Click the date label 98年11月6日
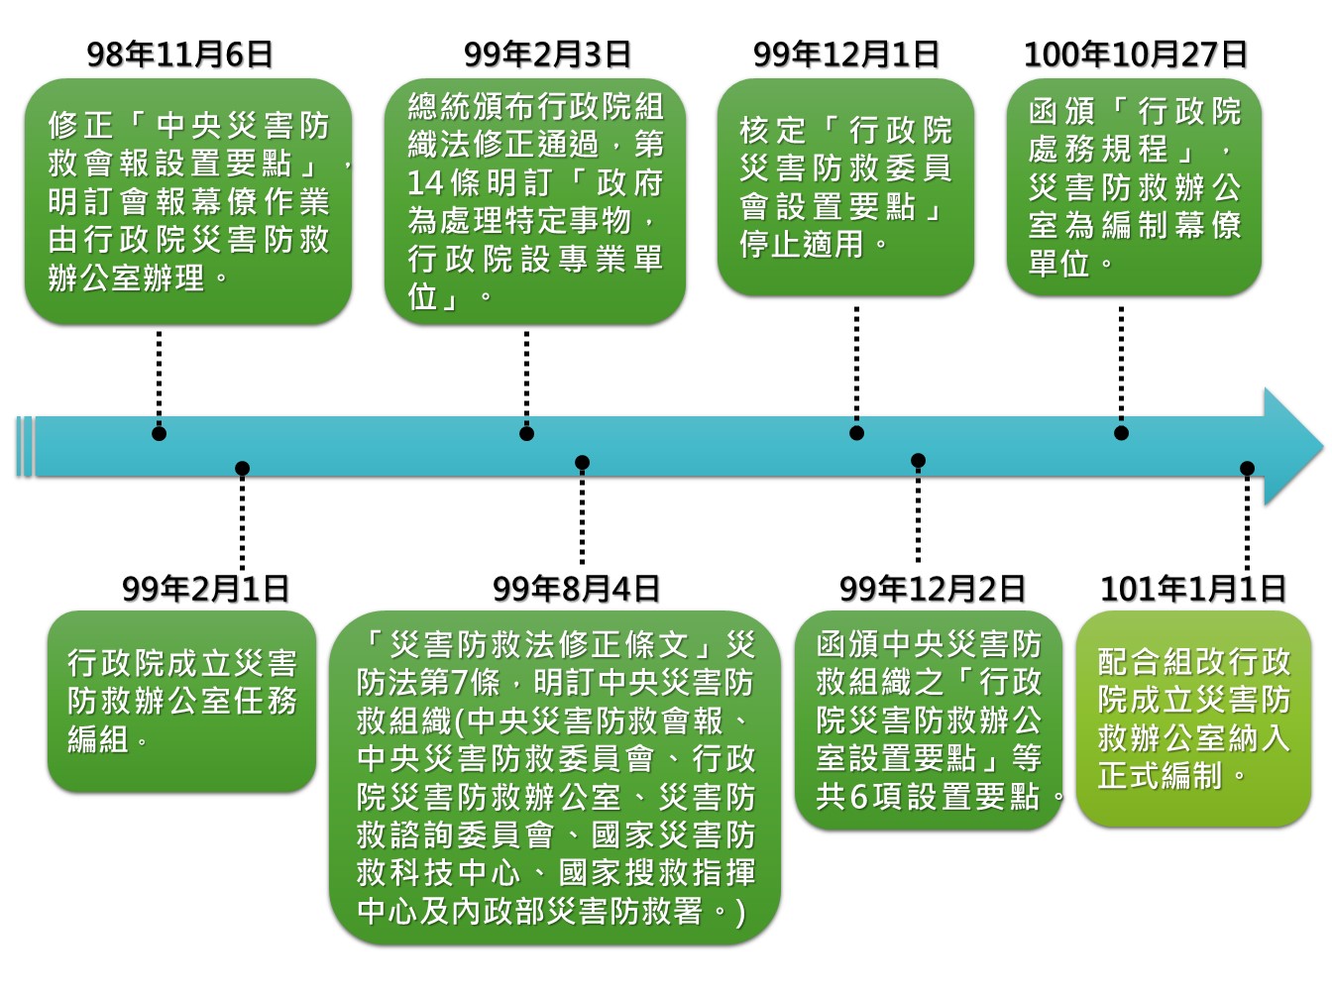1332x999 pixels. (x=179, y=54)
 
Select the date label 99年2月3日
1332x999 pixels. (x=547, y=54)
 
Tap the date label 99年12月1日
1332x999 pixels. (x=845, y=54)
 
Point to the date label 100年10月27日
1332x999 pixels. (x=1135, y=54)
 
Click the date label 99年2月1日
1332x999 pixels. (x=205, y=589)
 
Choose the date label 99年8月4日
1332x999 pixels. (x=576, y=589)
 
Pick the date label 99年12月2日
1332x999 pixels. (x=932, y=589)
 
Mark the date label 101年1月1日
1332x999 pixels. (x=1192, y=589)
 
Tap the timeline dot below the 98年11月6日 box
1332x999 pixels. (x=159, y=433)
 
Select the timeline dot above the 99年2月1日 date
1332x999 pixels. (x=242, y=468)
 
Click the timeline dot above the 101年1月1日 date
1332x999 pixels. (x=1247, y=468)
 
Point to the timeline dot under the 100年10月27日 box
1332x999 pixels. (x=1121, y=433)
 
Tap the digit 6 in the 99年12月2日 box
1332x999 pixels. (x=858, y=796)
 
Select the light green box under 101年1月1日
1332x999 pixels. (x=1192, y=719)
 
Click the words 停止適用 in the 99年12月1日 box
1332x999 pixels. (x=801, y=244)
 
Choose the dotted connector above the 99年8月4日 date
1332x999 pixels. (x=582, y=515)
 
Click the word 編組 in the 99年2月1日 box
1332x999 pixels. (x=98, y=738)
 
